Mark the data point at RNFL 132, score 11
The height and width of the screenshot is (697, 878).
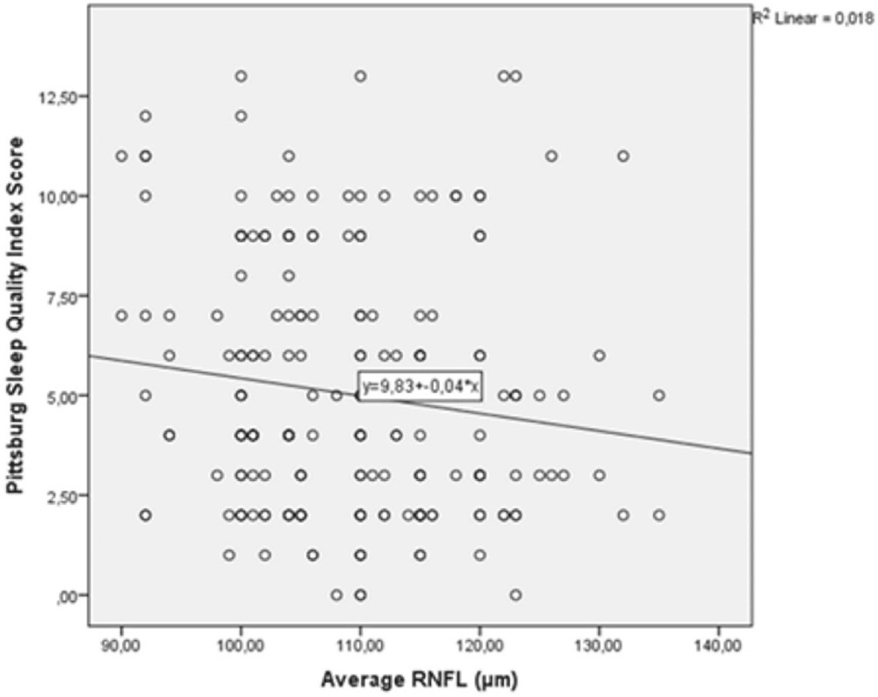(623, 155)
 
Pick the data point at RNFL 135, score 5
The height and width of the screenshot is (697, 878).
(658, 395)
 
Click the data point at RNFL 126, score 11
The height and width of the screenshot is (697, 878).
(551, 155)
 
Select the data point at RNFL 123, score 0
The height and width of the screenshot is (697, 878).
(515, 594)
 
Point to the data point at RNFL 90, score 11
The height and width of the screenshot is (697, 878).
(121, 155)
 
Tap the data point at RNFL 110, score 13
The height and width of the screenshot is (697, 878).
(360, 75)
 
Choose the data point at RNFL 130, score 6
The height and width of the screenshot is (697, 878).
(599, 355)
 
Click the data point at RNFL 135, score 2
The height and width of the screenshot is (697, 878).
(658, 514)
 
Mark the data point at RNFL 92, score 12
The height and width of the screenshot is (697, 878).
(145, 116)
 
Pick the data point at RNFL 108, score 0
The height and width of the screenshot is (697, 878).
(336, 594)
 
